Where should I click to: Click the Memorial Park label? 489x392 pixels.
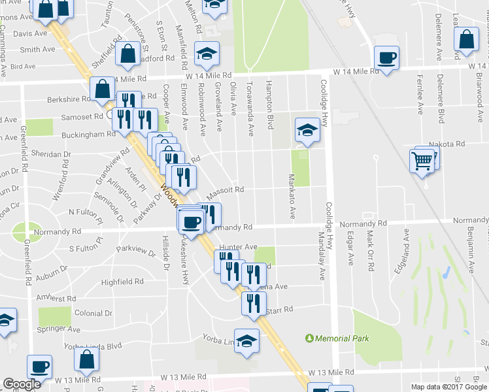click(342, 338)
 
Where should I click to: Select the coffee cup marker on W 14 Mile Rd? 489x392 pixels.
click(386, 57)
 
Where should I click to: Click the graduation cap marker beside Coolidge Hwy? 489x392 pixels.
click(307, 129)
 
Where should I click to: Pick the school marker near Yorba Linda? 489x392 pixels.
click(246, 341)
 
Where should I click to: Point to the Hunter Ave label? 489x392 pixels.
click(239, 247)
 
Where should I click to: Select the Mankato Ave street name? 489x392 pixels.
click(292, 196)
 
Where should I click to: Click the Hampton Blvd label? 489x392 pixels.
click(269, 105)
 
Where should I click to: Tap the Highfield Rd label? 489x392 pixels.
click(122, 282)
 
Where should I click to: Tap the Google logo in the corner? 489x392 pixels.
click(22, 384)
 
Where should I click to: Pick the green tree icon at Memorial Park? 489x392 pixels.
click(310, 338)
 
